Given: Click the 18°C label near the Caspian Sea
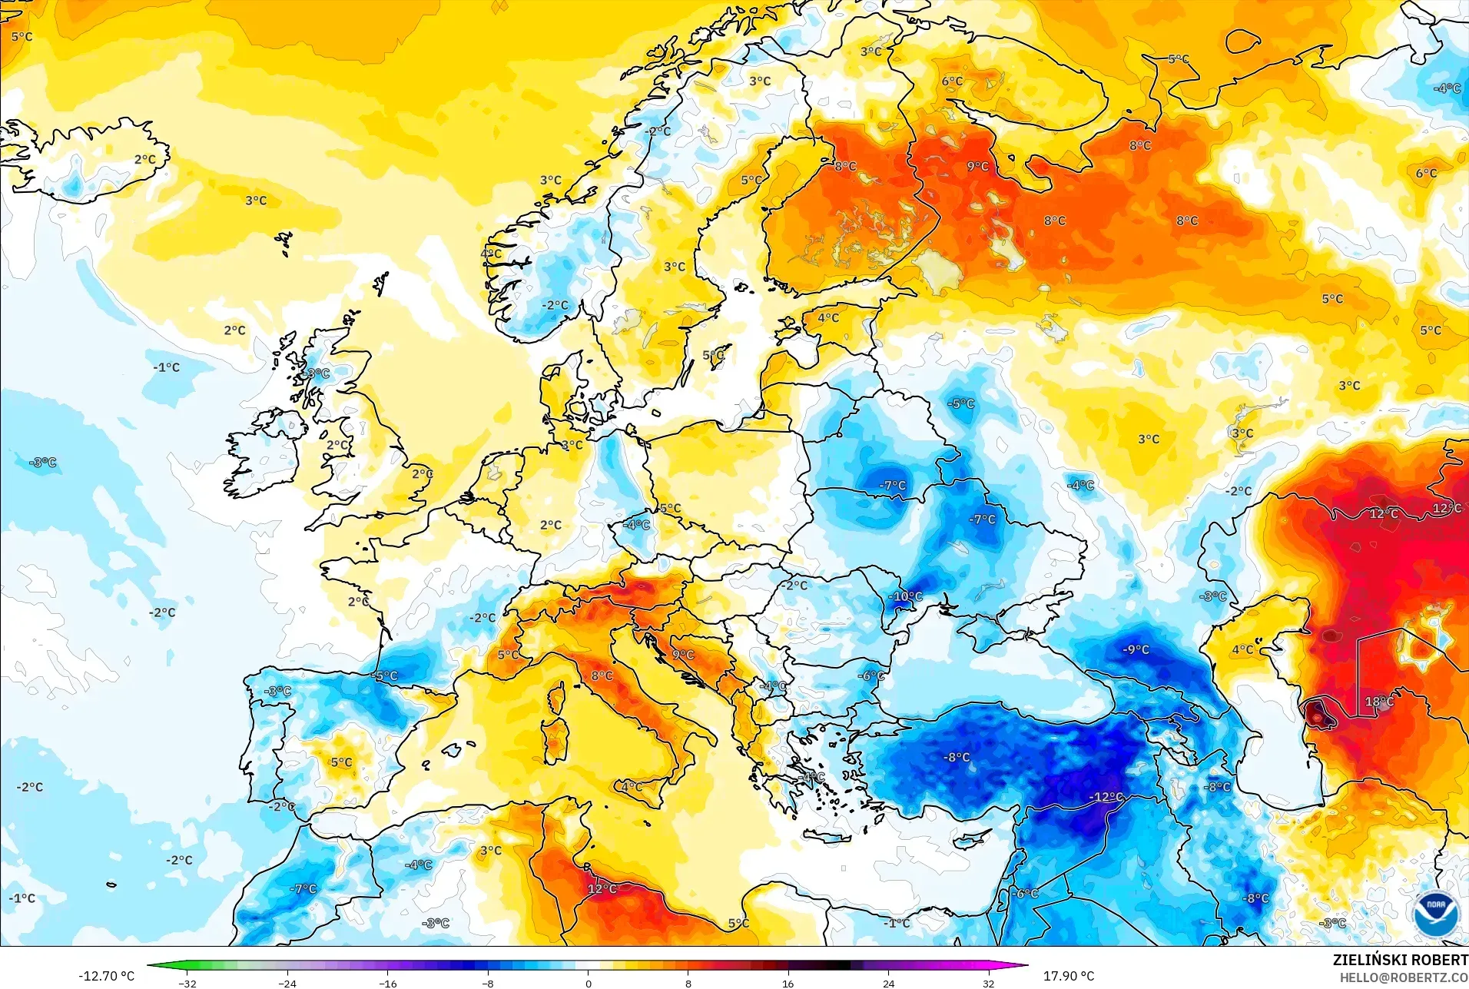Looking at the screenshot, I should click(1379, 702).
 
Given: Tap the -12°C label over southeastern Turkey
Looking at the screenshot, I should click(1106, 797).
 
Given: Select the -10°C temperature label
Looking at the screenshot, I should click(906, 596).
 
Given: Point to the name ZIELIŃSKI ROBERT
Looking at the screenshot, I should click(1400, 960).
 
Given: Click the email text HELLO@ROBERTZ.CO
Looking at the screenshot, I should click(1404, 977).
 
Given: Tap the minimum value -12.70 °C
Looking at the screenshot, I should click(106, 976).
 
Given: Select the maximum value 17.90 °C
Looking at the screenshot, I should click(1068, 976).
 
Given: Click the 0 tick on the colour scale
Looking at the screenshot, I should click(588, 984).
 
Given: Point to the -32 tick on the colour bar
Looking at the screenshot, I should click(187, 984).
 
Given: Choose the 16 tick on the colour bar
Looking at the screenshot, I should click(788, 984).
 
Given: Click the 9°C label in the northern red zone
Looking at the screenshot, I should click(977, 166).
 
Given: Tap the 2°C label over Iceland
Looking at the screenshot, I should click(144, 160).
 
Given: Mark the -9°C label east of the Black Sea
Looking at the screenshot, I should click(1136, 649).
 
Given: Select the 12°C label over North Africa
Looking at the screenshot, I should click(602, 888).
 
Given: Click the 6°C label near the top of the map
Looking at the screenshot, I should click(952, 81).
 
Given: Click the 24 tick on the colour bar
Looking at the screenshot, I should click(888, 984).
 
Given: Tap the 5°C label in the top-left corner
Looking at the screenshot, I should click(22, 36).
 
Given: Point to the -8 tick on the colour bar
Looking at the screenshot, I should click(488, 984).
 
